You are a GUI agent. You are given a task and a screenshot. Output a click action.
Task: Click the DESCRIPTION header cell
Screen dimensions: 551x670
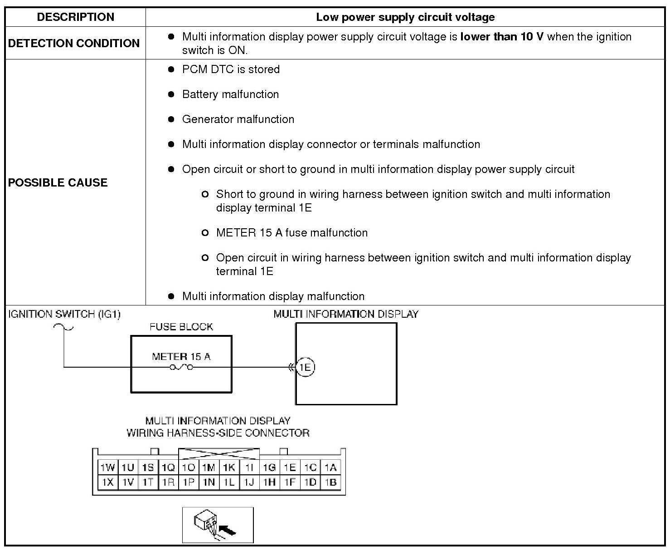(x=75, y=17)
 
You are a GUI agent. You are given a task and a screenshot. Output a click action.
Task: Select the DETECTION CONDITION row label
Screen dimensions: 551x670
(x=74, y=43)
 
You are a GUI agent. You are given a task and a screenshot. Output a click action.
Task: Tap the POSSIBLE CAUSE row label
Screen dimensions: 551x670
(x=58, y=182)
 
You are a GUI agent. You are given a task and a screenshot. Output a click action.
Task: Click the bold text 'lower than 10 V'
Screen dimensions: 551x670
(x=501, y=37)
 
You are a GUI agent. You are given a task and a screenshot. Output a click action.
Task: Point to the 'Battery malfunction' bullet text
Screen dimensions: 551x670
(x=230, y=94)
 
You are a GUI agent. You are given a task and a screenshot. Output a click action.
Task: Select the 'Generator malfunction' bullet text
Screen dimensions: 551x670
(x=238, y=119)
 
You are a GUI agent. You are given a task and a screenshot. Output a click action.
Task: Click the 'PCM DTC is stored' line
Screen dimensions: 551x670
(x=231, y=69)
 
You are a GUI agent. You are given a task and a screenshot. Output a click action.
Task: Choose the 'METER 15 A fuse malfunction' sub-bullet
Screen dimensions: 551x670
(x=291, y=233)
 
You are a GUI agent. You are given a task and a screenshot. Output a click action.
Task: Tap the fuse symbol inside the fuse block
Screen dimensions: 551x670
(x=181, y=367)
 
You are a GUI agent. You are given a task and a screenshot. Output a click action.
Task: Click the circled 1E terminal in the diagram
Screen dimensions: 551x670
(x=306, y=367)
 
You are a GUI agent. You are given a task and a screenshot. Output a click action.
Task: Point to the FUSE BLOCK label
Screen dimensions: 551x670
(x=181, y=327)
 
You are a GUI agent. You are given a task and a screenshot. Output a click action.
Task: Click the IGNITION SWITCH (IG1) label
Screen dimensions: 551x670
(x=64, y=314)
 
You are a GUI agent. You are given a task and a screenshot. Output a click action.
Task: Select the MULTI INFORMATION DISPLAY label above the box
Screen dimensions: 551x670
(x=346, y=314)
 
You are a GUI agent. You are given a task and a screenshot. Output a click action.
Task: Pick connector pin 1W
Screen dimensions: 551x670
(x=108, y=467)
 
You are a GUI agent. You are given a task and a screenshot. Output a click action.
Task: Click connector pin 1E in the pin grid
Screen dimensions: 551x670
(x=290, y=467)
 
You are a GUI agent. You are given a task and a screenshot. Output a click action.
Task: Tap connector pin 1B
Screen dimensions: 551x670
(x=330, y=482)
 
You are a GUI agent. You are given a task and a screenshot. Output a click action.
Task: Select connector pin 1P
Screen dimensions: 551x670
(x=189, y=482)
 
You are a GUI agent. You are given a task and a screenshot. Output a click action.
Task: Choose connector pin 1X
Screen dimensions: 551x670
(x=108, y=482)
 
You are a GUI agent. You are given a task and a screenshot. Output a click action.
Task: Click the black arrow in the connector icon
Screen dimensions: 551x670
(x=228, y=530)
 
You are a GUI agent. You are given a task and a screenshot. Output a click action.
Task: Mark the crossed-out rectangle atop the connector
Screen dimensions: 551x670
(x=219, y=454)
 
